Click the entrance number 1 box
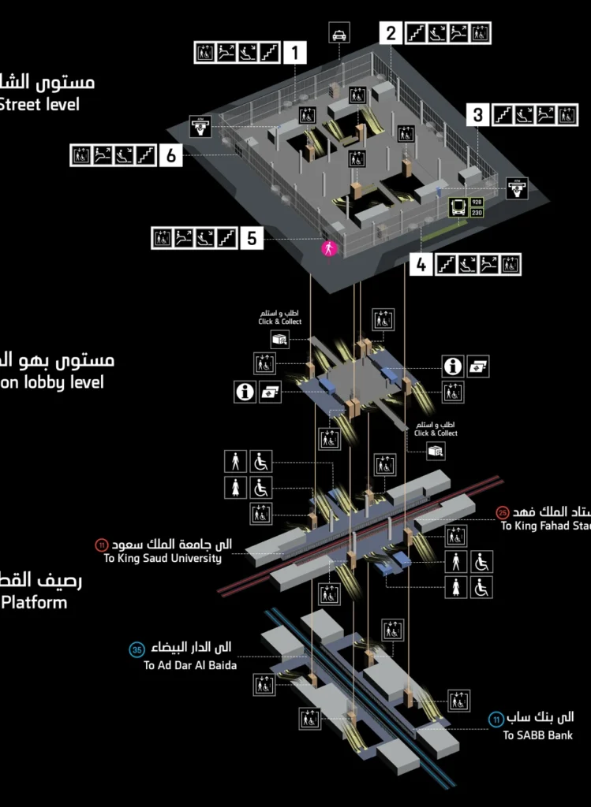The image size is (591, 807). [294, 54]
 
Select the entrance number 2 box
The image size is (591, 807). [391, 33]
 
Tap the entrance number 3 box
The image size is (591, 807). [478, 115]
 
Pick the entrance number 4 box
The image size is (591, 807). [421, 265]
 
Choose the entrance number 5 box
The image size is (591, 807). [251, 237]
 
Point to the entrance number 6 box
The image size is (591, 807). [171, 155]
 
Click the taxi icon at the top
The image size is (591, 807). [339, 34]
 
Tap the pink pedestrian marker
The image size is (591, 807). [329, 248]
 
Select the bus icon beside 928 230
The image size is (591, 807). [458, 207]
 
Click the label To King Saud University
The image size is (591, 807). [163, 558]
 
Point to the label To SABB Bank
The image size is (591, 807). [537, 734]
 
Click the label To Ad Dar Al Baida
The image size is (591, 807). [190, 665]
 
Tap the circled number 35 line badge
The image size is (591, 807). [137, 649]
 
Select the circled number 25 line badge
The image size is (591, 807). [503, 511]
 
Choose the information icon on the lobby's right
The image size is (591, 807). [452, 366]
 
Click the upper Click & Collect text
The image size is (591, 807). [280, 322]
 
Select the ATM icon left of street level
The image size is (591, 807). [200, 126]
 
